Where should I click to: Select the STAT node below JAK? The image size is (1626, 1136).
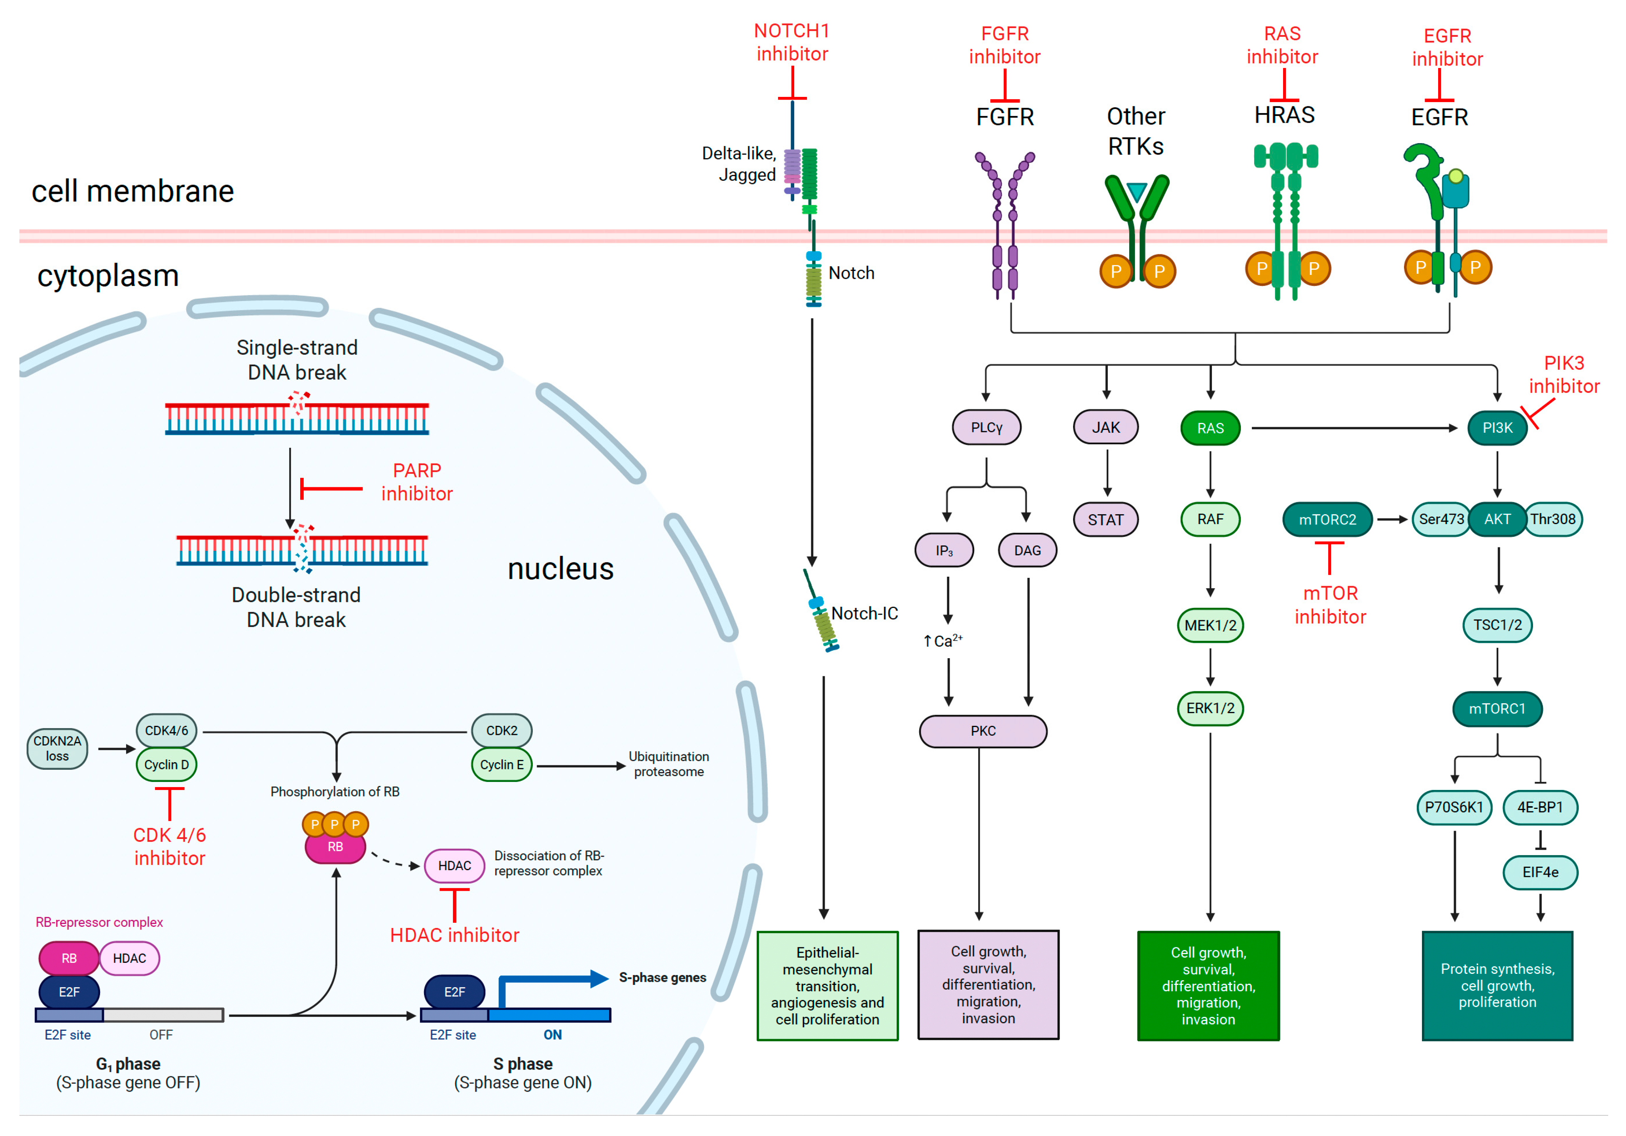pyautogui.click(x=1105, y=520)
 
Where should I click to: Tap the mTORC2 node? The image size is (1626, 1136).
pyautogui.click(x=1327, y=520)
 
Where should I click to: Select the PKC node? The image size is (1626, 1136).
pyautogui.click(x=983, y=731)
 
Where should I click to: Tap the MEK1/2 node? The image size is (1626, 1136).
pyautogui.click(x=1210, y=625)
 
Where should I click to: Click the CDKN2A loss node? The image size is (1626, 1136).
pyautogui.click(x=57, y=749)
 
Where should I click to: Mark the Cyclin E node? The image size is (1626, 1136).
pyautogui.click(x=502, y=765)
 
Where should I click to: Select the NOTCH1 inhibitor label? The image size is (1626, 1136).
pyautogui.click(x=792, y=42)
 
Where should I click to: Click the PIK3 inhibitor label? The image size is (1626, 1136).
pyautogui.click(x=1564, y=375)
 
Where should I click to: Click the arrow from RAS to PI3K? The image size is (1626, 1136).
pyautogui.click(x=1353, y=428)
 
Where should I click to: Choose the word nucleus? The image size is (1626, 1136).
pyautogui.click(x=560, y=569)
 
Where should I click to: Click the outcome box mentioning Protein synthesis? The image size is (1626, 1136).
pyautogui.click(x=1497, y=985)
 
